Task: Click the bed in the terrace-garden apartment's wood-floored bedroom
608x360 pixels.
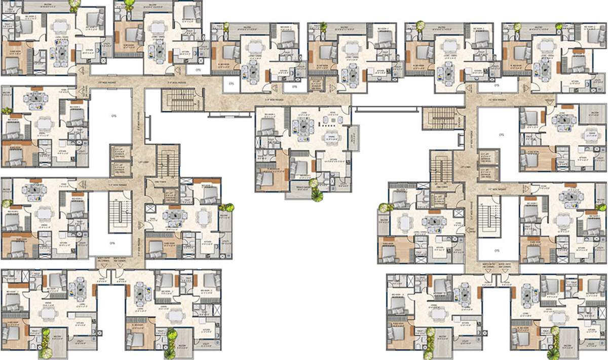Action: pyautogui.click(x=265, y=178)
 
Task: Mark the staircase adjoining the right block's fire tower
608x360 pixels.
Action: pyautogui.click(x=441, y=168)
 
